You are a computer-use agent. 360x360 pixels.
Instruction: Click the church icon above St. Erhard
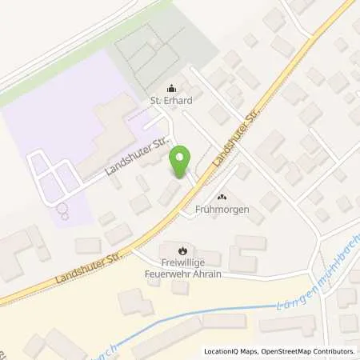point(170,88)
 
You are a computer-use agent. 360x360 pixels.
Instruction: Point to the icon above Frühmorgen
point(222,197)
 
